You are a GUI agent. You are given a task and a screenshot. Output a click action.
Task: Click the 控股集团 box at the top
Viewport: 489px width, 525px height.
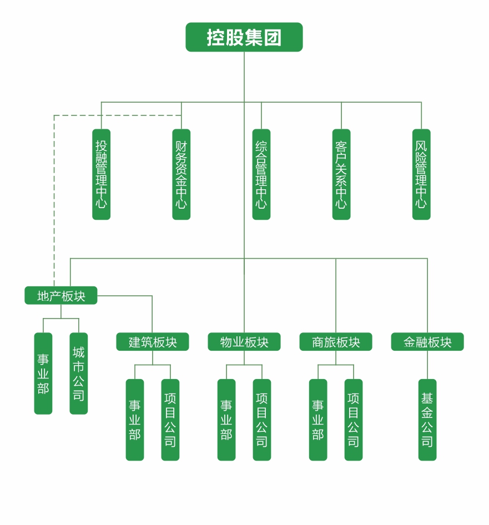pos(244,37)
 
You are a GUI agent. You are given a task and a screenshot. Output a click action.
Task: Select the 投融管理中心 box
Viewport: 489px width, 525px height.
pos(101,174)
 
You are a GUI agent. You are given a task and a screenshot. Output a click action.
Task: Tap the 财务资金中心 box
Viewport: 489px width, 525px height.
pos(181,174)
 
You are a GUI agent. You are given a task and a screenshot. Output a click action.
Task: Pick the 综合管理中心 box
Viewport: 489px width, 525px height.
pos(261,174)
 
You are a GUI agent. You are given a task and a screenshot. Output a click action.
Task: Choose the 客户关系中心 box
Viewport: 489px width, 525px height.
pos(341,174)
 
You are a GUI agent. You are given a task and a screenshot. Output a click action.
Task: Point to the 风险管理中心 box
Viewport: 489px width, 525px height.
pos(421,174)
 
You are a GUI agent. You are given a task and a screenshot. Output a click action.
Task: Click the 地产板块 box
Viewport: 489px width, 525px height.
pos(61,296)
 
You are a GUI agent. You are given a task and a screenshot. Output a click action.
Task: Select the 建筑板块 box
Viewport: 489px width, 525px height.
pos(153,342)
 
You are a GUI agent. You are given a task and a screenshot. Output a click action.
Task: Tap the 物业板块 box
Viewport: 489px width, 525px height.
pos(244,342)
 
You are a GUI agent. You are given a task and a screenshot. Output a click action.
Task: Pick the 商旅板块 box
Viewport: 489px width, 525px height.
pos(336,342)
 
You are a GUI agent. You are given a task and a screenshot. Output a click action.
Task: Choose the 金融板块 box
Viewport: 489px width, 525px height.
pos(427,342)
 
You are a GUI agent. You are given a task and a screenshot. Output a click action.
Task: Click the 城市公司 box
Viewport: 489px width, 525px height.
pos(79,373)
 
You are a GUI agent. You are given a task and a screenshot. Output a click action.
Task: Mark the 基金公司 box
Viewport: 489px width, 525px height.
pos(427,420)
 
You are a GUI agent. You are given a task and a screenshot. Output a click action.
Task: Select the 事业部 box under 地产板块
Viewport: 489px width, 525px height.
pos(43,373)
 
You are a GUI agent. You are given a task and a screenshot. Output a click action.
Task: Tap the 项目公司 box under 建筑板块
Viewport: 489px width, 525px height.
pos(170,420)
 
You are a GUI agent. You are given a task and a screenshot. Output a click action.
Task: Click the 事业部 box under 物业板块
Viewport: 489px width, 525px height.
pos(226,420)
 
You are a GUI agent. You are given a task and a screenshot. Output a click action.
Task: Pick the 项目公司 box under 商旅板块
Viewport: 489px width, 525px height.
pos(354,420)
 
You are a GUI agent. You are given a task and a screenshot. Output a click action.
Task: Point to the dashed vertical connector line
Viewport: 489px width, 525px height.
pos(54,200)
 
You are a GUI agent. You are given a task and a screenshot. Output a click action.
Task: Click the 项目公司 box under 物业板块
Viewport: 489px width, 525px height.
pos(262,420)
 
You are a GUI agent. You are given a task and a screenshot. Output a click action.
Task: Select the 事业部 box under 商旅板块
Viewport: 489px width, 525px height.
pos(318,420)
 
